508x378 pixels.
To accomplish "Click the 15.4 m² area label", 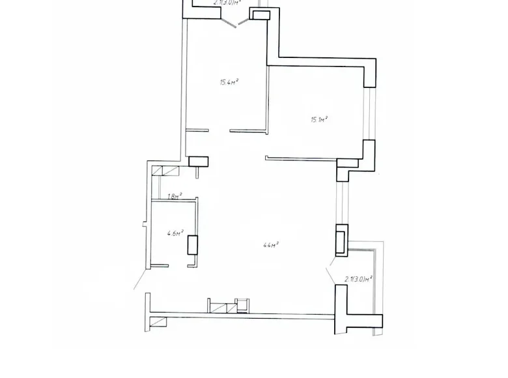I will pos(227,82).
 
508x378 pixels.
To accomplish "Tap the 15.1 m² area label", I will pos(318,119).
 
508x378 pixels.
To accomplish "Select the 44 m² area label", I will pos(270,245).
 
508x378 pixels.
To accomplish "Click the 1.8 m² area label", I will pos(174,195).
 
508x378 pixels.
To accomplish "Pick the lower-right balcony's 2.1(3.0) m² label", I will pos(358,279).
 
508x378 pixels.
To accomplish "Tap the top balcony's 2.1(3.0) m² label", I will pos(227,2).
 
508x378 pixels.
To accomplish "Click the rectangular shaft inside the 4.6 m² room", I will pos(192,246).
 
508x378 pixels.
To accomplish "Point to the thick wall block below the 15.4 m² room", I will pos(198,161).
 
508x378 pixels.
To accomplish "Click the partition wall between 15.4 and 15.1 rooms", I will pos(266,98).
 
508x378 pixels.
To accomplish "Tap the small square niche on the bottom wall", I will pos(242,304).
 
